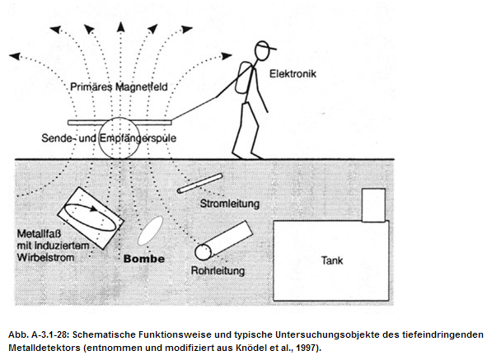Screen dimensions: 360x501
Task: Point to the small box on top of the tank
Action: [372, 204]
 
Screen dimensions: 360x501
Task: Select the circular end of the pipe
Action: [201, 251]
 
